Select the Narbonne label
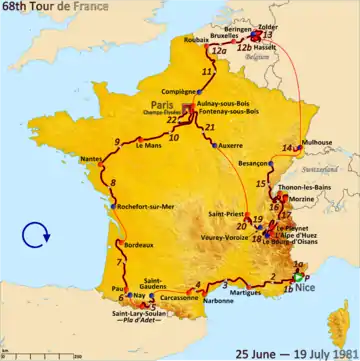tap(232, 299)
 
